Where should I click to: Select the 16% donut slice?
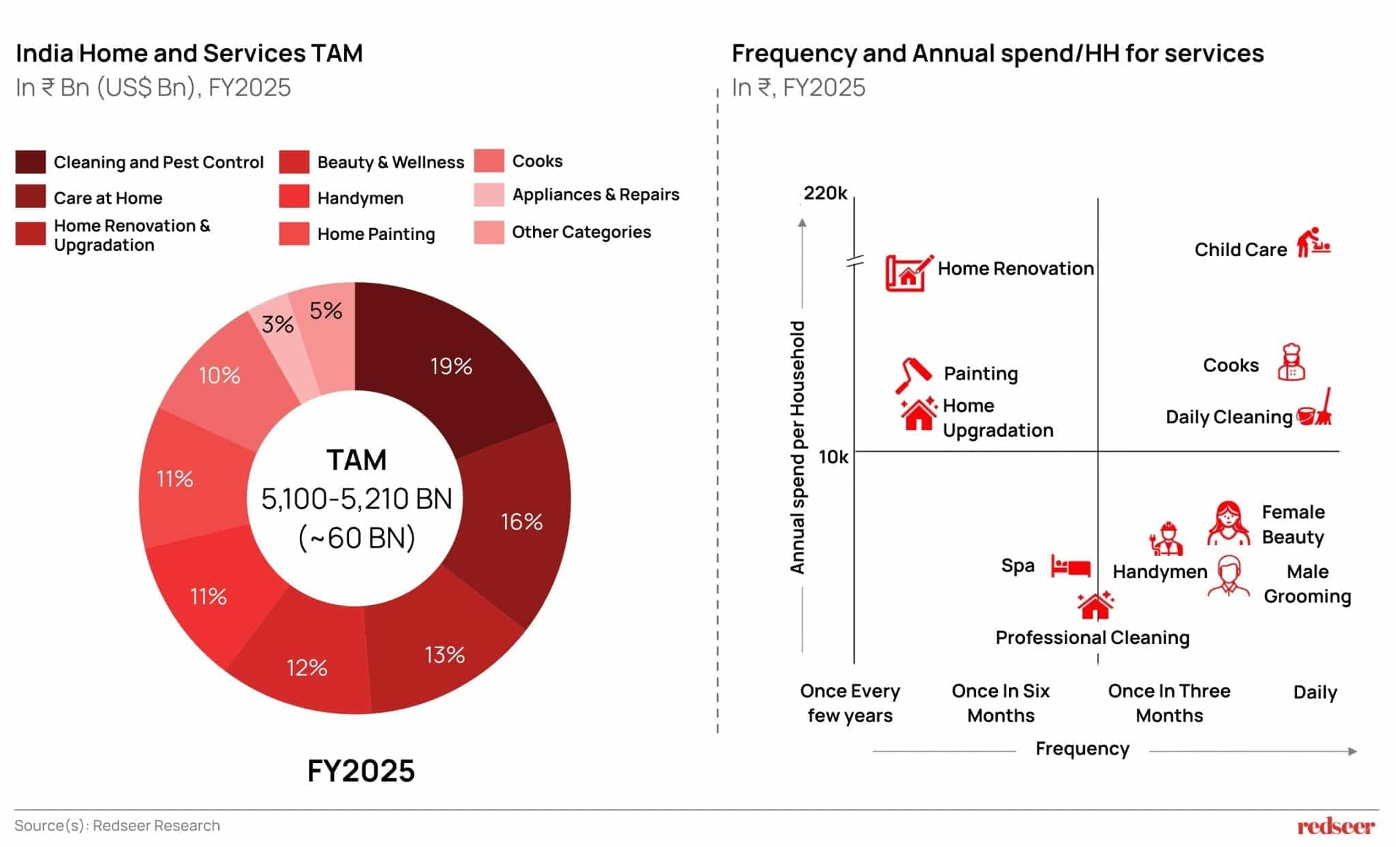pyautogui.click(x=521, y=522)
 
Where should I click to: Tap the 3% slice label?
pyautogui.click(x=277, y=324)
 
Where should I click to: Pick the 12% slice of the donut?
pyautogui.click(x=307, y=667)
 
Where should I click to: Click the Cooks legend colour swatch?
pyautogui.click(x=489, y=161)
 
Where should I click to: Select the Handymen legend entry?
pyautogui.click(x=360, y=198)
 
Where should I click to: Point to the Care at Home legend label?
pyautogui.click(x=108, y=198)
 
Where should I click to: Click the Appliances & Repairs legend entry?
pyautogui.click(x=595, y=195)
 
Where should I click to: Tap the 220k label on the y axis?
pyautogui.click(x=825, y=194)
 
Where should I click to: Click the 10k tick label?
pyautogui.click(x=833, y=457)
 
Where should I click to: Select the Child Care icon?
pyautogui.click(x=1313, y=243)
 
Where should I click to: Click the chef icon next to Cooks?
pyautogui.click(x=1291, y=362)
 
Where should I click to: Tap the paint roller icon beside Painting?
pyautogui.click(x=913, y=374)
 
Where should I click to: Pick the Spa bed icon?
pyautogui.click(x=1070, y=566)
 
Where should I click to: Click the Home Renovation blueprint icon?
pyautogui.click(x=908, y=273)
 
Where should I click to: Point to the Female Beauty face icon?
pyautogui.click(x=1228, y=523)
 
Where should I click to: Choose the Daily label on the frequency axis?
pyautogui.click(x=1315, y=692)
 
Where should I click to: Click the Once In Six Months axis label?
pyautogui.click(x=1001, y=703)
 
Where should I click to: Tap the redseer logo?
pyautogui.click(x=1336, y=827)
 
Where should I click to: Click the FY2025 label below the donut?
pyautogui.click(x=361, y=771)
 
